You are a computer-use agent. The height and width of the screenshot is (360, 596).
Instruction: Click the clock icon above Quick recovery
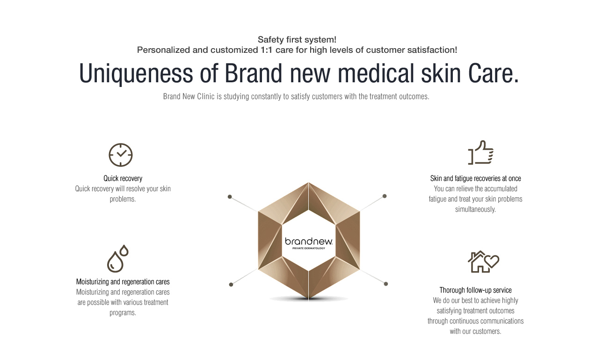pyautogui.click(x=121, y=155)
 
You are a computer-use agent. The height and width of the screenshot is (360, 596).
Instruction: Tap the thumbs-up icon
pyautogui.click(x=481, y=152)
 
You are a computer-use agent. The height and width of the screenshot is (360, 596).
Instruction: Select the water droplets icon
pyautogui.click(x=117, y=259)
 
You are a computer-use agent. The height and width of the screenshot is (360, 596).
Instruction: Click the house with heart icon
pyautogui.click(x=483, y=262)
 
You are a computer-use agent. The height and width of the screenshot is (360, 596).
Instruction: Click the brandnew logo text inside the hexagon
pyautogui.click(x=309, y=241)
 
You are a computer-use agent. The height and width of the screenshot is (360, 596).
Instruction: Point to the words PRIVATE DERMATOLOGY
pyautogui.click(x=309, y=248)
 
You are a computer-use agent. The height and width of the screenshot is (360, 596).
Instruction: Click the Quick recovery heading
pyautogui.click(x=123, y=179)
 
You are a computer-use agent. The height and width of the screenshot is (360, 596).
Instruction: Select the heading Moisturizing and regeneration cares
pyautogui.click(x=123, y=281)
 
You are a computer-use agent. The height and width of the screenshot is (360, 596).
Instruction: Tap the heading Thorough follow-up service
pyautogui.click(x=475, y=290)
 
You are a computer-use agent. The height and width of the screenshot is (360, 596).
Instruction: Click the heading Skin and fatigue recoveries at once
pyautogui.click(x=475, y=179)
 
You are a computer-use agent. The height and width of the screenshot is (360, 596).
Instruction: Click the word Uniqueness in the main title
pyautogui.click(x=136, y=74)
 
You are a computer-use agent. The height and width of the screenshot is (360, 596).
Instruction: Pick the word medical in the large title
pyautogui.click(x=376, y=73)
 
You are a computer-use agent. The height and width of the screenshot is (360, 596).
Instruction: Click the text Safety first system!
pyautogui.click(x=297, y=40)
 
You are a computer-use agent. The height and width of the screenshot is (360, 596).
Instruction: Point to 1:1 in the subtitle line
pyautogui.click(x=266, y=50)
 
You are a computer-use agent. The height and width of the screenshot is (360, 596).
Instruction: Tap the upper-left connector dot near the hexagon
pyautogui.click(x=230, y=197)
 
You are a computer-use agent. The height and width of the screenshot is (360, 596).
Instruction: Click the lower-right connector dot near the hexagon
pyautogui.click(x=386, y=284)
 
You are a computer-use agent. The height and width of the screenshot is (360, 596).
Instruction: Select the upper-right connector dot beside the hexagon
pyautogui.click(x=385, y=196)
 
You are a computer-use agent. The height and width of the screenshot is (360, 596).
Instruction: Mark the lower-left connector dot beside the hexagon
pyautogui.click(x=231, y=284)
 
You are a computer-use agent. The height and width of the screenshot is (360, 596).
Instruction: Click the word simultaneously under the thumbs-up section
pyautogui.click(x=475, y=209)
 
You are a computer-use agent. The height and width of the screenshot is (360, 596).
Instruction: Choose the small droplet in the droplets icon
pyautogui.click(x=124, y=250)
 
